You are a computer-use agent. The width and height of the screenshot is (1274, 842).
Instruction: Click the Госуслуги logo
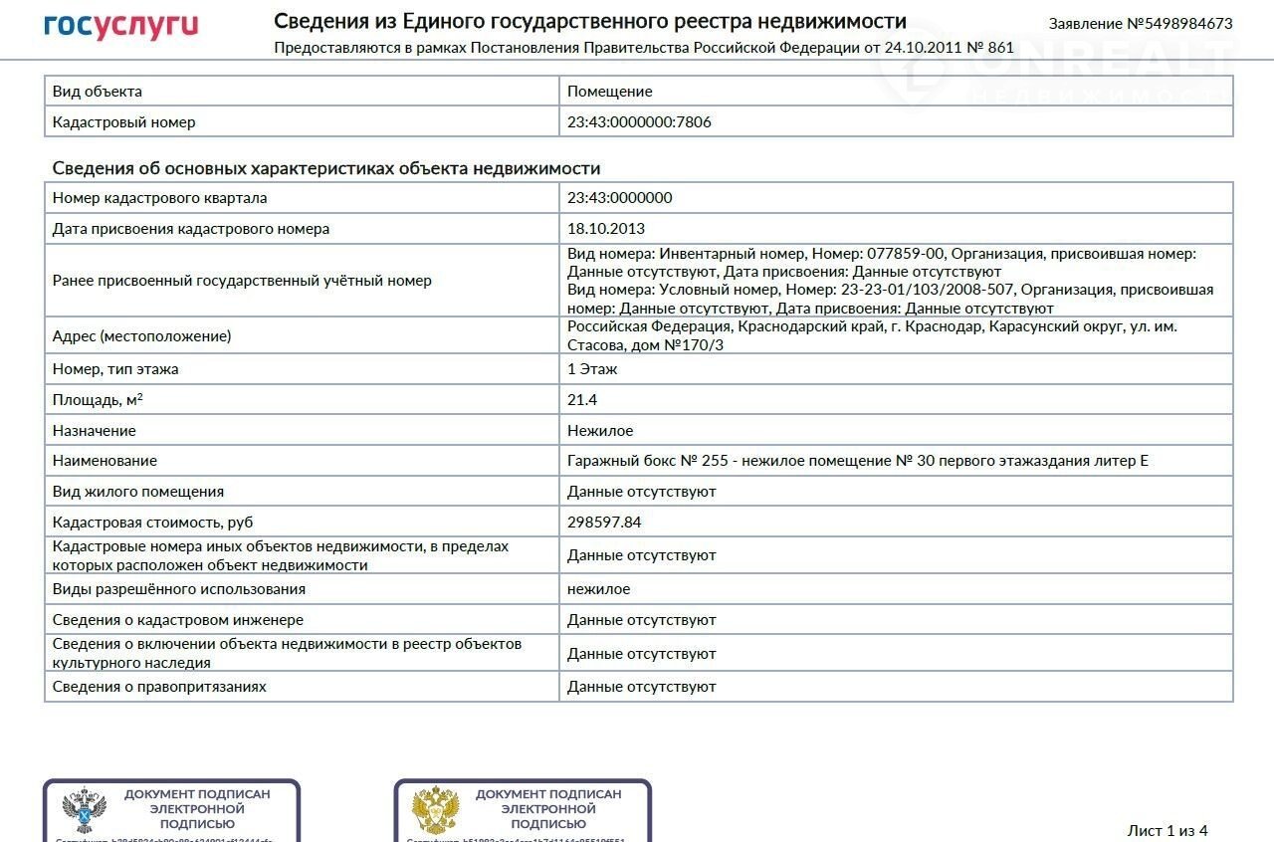coord(120,26)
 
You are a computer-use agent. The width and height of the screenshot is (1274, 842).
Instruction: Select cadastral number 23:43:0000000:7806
coord(639,122)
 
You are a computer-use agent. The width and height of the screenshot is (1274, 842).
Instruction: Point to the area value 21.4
coord(582,400)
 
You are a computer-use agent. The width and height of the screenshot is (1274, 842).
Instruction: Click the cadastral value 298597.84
coord(604,523)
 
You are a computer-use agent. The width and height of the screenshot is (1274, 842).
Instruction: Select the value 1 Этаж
coord(592,369)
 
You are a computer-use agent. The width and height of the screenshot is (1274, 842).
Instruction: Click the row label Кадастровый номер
coord(123,122)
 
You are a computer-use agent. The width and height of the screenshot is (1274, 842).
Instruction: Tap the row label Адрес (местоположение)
coord(141,336)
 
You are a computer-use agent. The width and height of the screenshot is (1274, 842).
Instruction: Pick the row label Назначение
coord(94,431)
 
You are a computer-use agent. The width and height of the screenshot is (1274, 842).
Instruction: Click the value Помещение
coord(609,92)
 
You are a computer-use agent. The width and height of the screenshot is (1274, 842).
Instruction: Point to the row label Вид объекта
coord(97,92)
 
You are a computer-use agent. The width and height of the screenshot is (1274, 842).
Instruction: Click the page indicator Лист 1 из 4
coord(1167,830)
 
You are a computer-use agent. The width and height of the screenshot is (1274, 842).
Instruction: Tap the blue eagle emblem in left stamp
coord(85,810)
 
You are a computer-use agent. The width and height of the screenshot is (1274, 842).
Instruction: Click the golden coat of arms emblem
coord(435,810)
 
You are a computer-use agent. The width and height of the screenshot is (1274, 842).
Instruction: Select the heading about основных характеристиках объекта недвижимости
coord(325,168)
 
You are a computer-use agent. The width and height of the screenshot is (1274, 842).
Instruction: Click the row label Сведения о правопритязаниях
coord(159,687)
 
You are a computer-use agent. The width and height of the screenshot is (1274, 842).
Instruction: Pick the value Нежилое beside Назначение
coord(600,431)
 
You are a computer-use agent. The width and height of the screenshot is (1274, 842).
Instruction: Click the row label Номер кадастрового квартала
coord(159,198)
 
